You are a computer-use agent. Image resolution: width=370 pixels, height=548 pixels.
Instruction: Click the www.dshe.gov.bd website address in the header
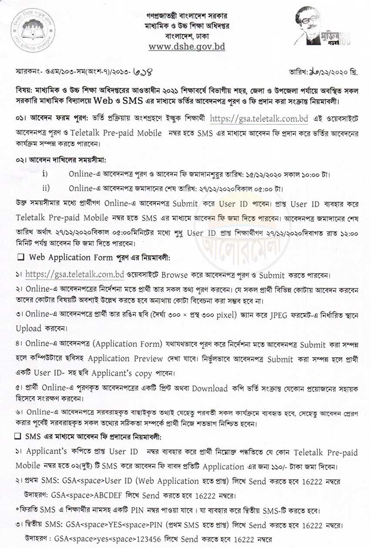[187, 47]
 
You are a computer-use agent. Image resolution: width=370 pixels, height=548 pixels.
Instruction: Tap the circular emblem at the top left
[33, 31]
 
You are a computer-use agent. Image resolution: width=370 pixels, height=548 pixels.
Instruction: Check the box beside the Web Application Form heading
[20, 257]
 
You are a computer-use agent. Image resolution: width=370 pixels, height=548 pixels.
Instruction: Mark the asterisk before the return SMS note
[17, 509]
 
